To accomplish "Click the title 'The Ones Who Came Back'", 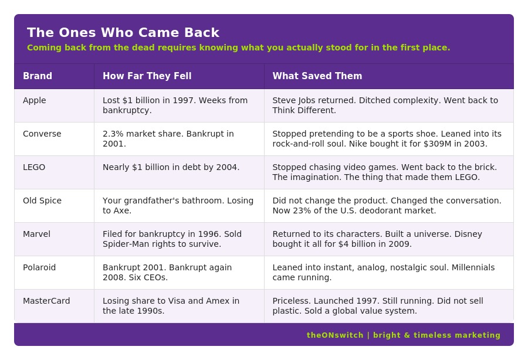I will (123, 33).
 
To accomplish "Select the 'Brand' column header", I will (38, 76).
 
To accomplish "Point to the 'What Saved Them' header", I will (317, 76).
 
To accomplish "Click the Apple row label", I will (35, 100).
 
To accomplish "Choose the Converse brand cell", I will (42, 134).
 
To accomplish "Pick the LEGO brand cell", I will (34, 167).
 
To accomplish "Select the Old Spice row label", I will (42, 201).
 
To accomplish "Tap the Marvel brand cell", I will (36, 234).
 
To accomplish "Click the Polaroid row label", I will (39, 267).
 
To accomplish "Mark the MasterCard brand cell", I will (46, 301).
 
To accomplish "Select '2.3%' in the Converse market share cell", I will (113, 134).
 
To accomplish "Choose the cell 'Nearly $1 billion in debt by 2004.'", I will (171, 167).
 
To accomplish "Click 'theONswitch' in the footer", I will (335, 335).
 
